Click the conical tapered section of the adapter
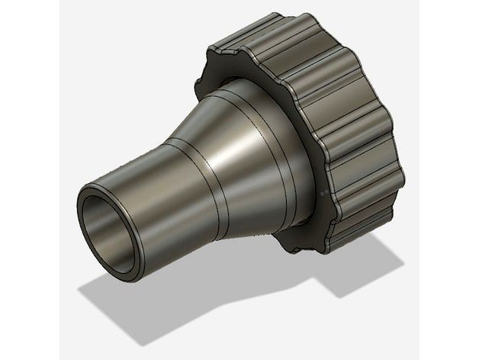click(229, 153)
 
